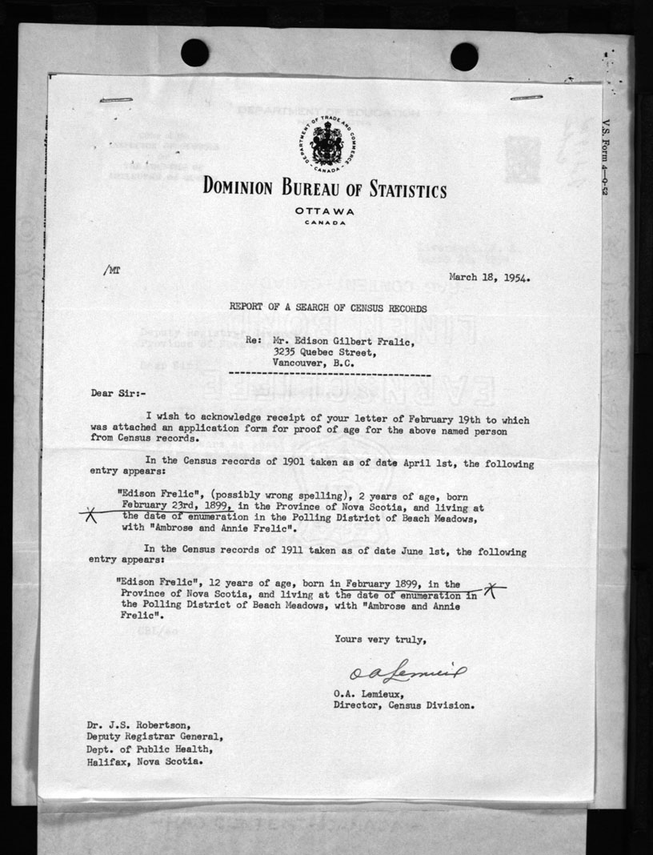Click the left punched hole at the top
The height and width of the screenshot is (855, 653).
[x=194, y=53]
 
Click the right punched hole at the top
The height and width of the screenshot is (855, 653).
[x=464, y=56]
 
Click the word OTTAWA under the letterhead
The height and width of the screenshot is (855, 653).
[x=326, y=211]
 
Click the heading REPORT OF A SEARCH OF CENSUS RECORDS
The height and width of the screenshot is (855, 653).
[x=328, y=307]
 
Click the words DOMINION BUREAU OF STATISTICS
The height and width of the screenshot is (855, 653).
[x=325, y=190]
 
